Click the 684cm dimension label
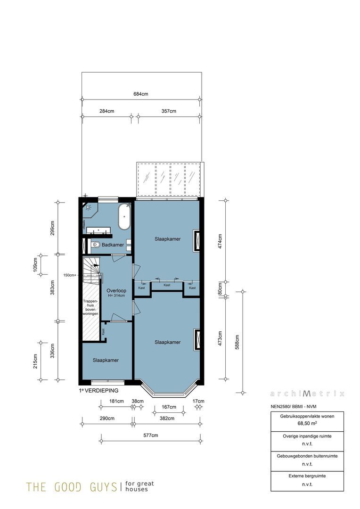[140, 94]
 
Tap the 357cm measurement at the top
[169, 111]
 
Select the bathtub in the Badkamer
[124, 216]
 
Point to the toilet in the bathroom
[96, 244]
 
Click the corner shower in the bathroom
[89, 210]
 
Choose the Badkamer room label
[113, 245]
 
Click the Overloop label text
[115, 290]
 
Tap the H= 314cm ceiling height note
[116, 296]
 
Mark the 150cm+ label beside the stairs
[70, 275]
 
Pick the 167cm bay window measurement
[169, 407]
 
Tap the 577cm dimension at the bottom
[150, 435]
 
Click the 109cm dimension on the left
[35, 265]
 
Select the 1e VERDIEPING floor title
[98, 391]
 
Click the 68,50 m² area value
[307, 424]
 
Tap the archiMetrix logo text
[307, 394]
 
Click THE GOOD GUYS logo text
[71, 487]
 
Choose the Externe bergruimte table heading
[307, 476]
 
